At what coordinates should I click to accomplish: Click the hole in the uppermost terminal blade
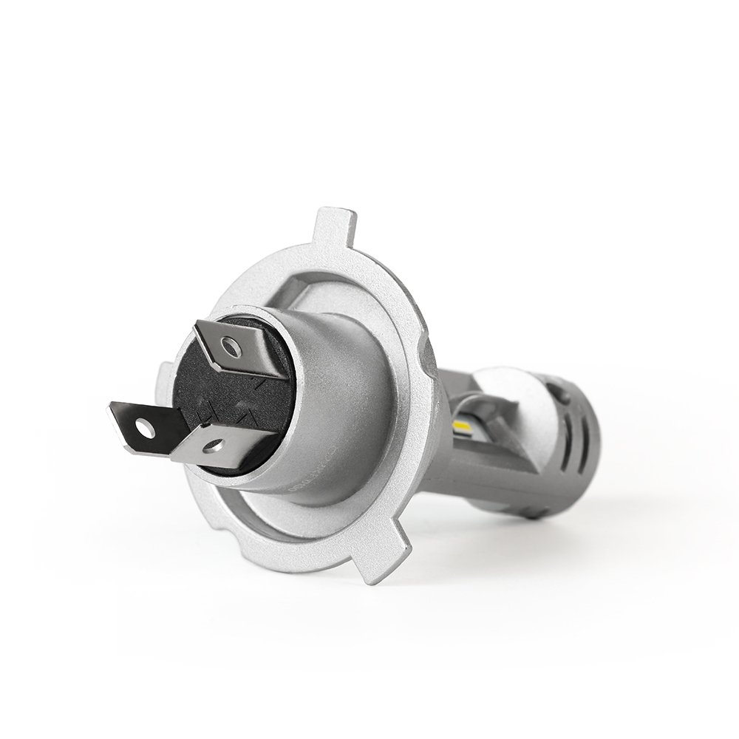click(231, 345)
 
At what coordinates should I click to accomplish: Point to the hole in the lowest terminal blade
click(213, 445)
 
